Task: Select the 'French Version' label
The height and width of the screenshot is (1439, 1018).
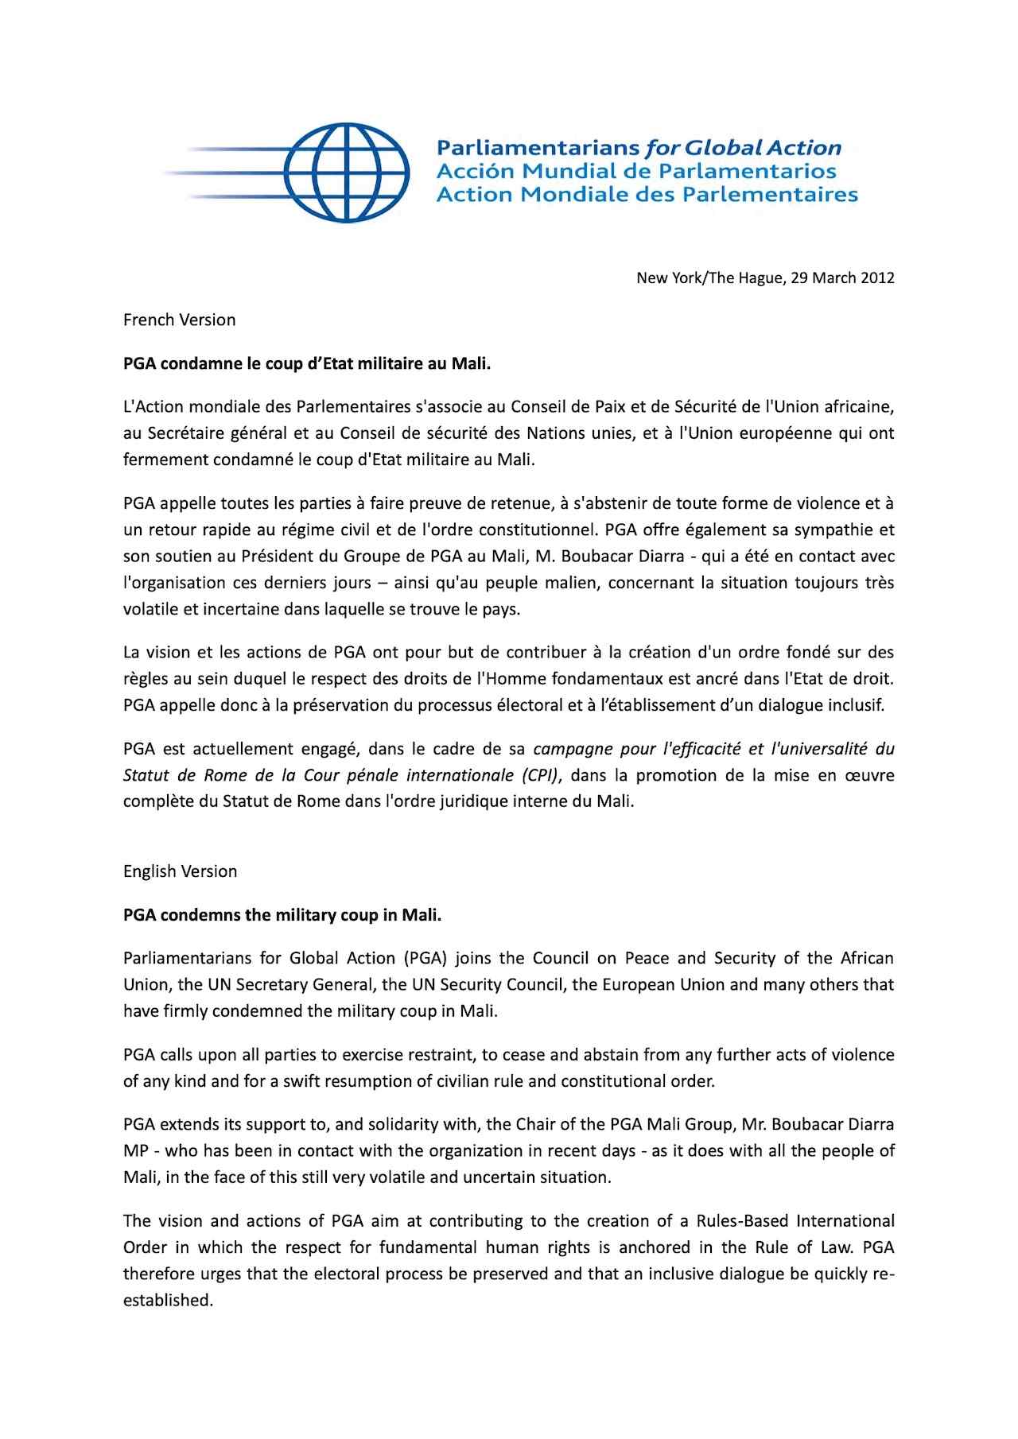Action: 179,320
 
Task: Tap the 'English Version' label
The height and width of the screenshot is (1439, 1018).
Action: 180,871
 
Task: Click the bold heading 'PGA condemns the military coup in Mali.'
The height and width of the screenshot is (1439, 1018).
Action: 282,914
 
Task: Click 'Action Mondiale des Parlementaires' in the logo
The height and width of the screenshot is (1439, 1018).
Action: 647,194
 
